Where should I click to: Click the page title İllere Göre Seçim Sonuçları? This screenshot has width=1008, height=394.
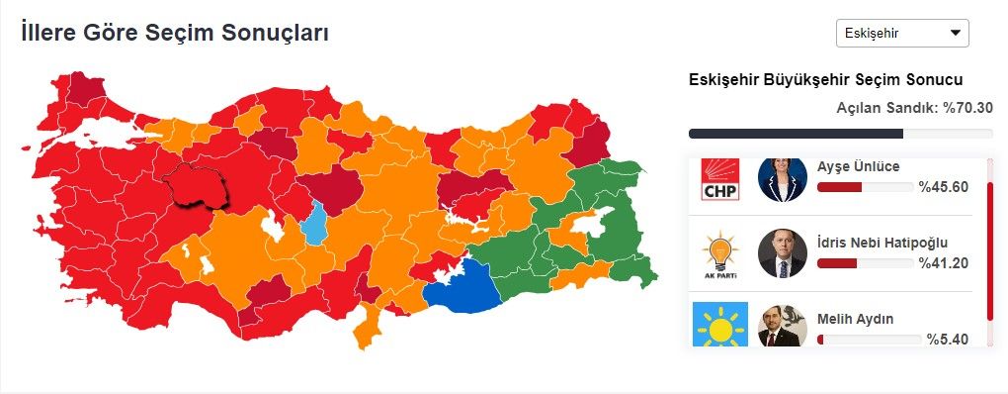175,33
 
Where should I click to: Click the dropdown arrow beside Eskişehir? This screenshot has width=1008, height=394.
955,33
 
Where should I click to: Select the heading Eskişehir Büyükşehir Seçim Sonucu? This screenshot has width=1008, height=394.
825,80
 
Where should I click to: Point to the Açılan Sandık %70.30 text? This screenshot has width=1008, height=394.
914,108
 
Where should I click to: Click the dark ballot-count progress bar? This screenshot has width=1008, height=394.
796,134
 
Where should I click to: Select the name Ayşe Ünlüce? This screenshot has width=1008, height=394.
859,166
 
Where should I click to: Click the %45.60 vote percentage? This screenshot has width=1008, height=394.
943,186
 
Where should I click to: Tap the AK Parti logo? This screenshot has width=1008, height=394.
720,254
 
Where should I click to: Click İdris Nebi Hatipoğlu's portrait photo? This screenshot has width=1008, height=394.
783,253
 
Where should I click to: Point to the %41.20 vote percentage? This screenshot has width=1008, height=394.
943,262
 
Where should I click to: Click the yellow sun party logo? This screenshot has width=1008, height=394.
720,326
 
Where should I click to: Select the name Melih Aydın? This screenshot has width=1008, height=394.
856,319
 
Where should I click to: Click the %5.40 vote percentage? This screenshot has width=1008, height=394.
947,340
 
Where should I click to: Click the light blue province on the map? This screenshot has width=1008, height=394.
314,225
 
